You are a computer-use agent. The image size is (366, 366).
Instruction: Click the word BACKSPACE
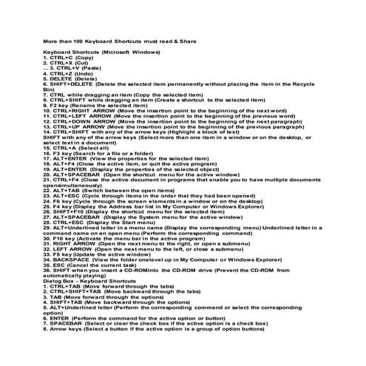pyautogui.click(x=72, y=261)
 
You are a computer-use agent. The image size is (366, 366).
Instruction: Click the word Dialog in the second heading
pyautogui.click(x=52, y=282)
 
